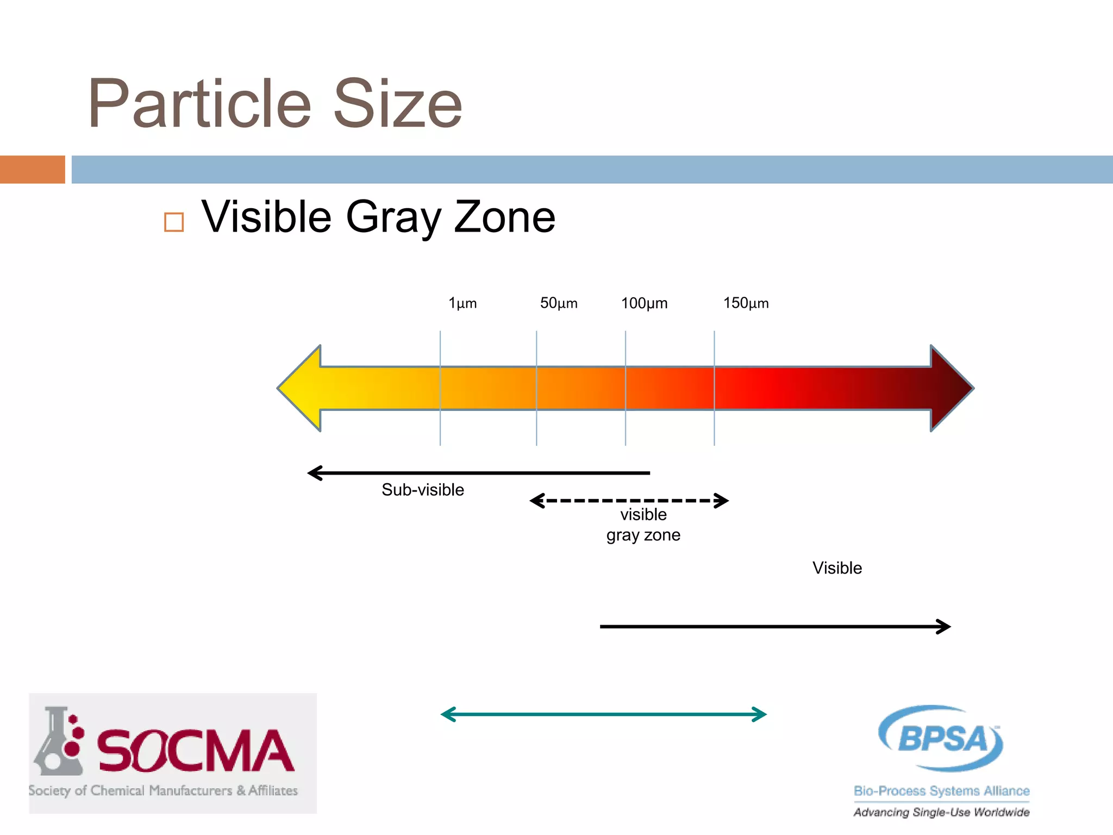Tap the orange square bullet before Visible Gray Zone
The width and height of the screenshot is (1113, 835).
click(x=174, y=222)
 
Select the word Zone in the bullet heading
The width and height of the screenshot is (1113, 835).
click(x=504, y=217)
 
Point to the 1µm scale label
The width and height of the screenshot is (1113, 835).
click(x=462, y=303)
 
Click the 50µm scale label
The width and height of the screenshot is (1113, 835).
click(x=559, y=303)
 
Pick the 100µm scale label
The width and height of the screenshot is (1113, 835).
click(x=644, y=303)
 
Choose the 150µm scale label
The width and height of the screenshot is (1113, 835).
click(x=746, y=303)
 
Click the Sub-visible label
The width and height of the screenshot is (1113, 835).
click(x=423, y=490)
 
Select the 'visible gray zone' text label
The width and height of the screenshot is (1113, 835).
click(x=643, y=525)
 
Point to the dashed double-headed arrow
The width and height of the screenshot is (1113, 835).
click(x=629, y=501)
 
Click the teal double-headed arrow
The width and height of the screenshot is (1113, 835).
click(x=603, y=714)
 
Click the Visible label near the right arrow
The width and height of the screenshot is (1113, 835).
click(x=837, y=568)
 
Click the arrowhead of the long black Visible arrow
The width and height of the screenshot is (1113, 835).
click(x=943, y=627)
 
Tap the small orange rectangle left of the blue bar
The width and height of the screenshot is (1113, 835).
click(x=32, y=170)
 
